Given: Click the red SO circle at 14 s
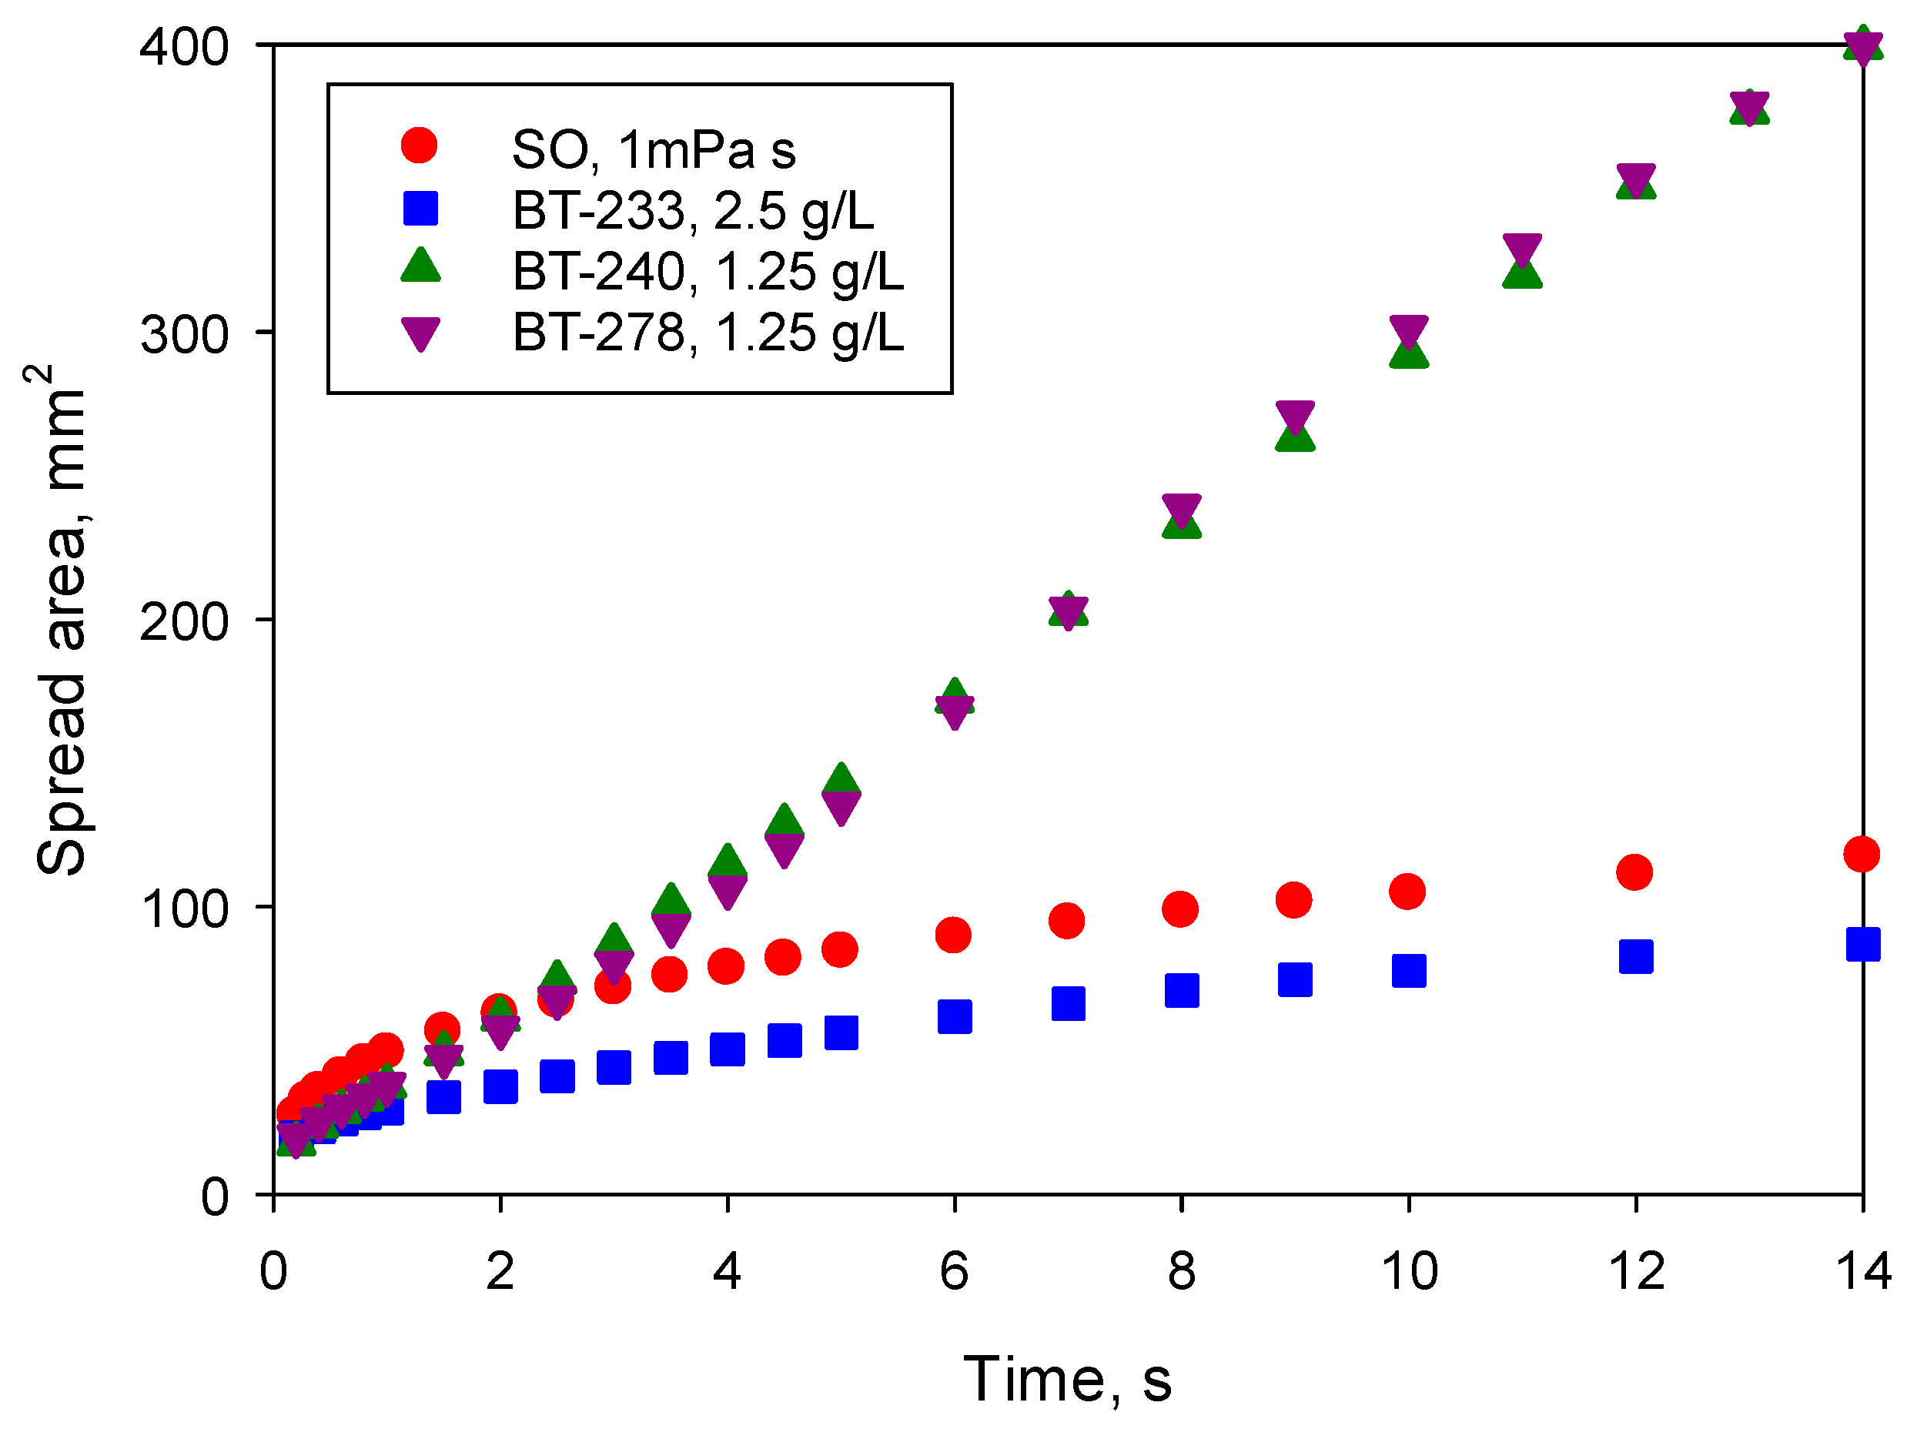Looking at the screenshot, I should tap(1861, 854).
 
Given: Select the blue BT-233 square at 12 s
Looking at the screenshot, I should tap(1635, 955).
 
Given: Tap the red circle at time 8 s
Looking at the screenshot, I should tap(1180, 909).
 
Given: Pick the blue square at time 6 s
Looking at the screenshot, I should tap(954, 1016).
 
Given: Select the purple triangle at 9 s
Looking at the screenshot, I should tap(1294, 416).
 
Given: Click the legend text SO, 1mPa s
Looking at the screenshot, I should tap(652, 149).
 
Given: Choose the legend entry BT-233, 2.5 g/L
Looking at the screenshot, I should tap(692, 210).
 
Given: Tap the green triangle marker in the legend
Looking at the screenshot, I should tap(420, 266).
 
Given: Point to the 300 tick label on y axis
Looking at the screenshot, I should tap(183, 334).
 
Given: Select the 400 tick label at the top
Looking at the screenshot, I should tap(183, 47).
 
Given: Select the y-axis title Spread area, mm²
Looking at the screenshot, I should tap(61, 619).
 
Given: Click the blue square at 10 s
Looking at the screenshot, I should tap(1408, 971).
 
